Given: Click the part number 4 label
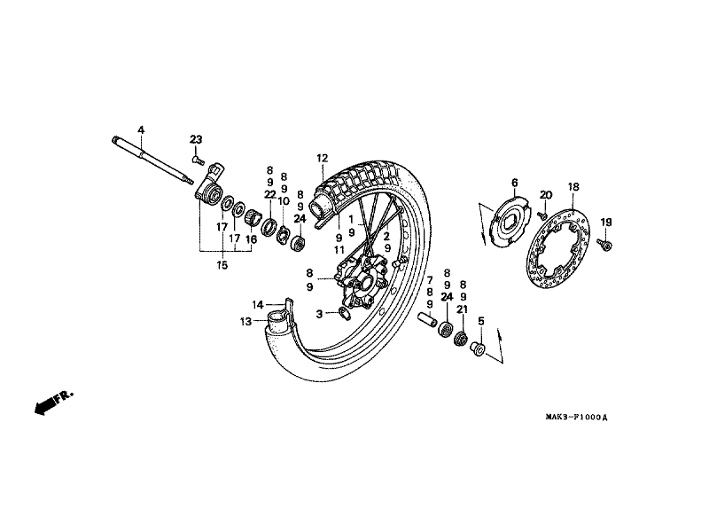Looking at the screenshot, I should pos(141,130).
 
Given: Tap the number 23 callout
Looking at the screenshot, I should pos(196,139).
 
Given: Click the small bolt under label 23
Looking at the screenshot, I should pos(197,161).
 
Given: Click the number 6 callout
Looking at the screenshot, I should pos(513,183).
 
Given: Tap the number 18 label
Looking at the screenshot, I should pos(573,187).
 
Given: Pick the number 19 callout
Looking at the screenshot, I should pos(606,222).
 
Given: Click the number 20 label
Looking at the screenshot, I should pos(546,195).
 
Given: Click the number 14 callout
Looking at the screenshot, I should pos(257,305).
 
